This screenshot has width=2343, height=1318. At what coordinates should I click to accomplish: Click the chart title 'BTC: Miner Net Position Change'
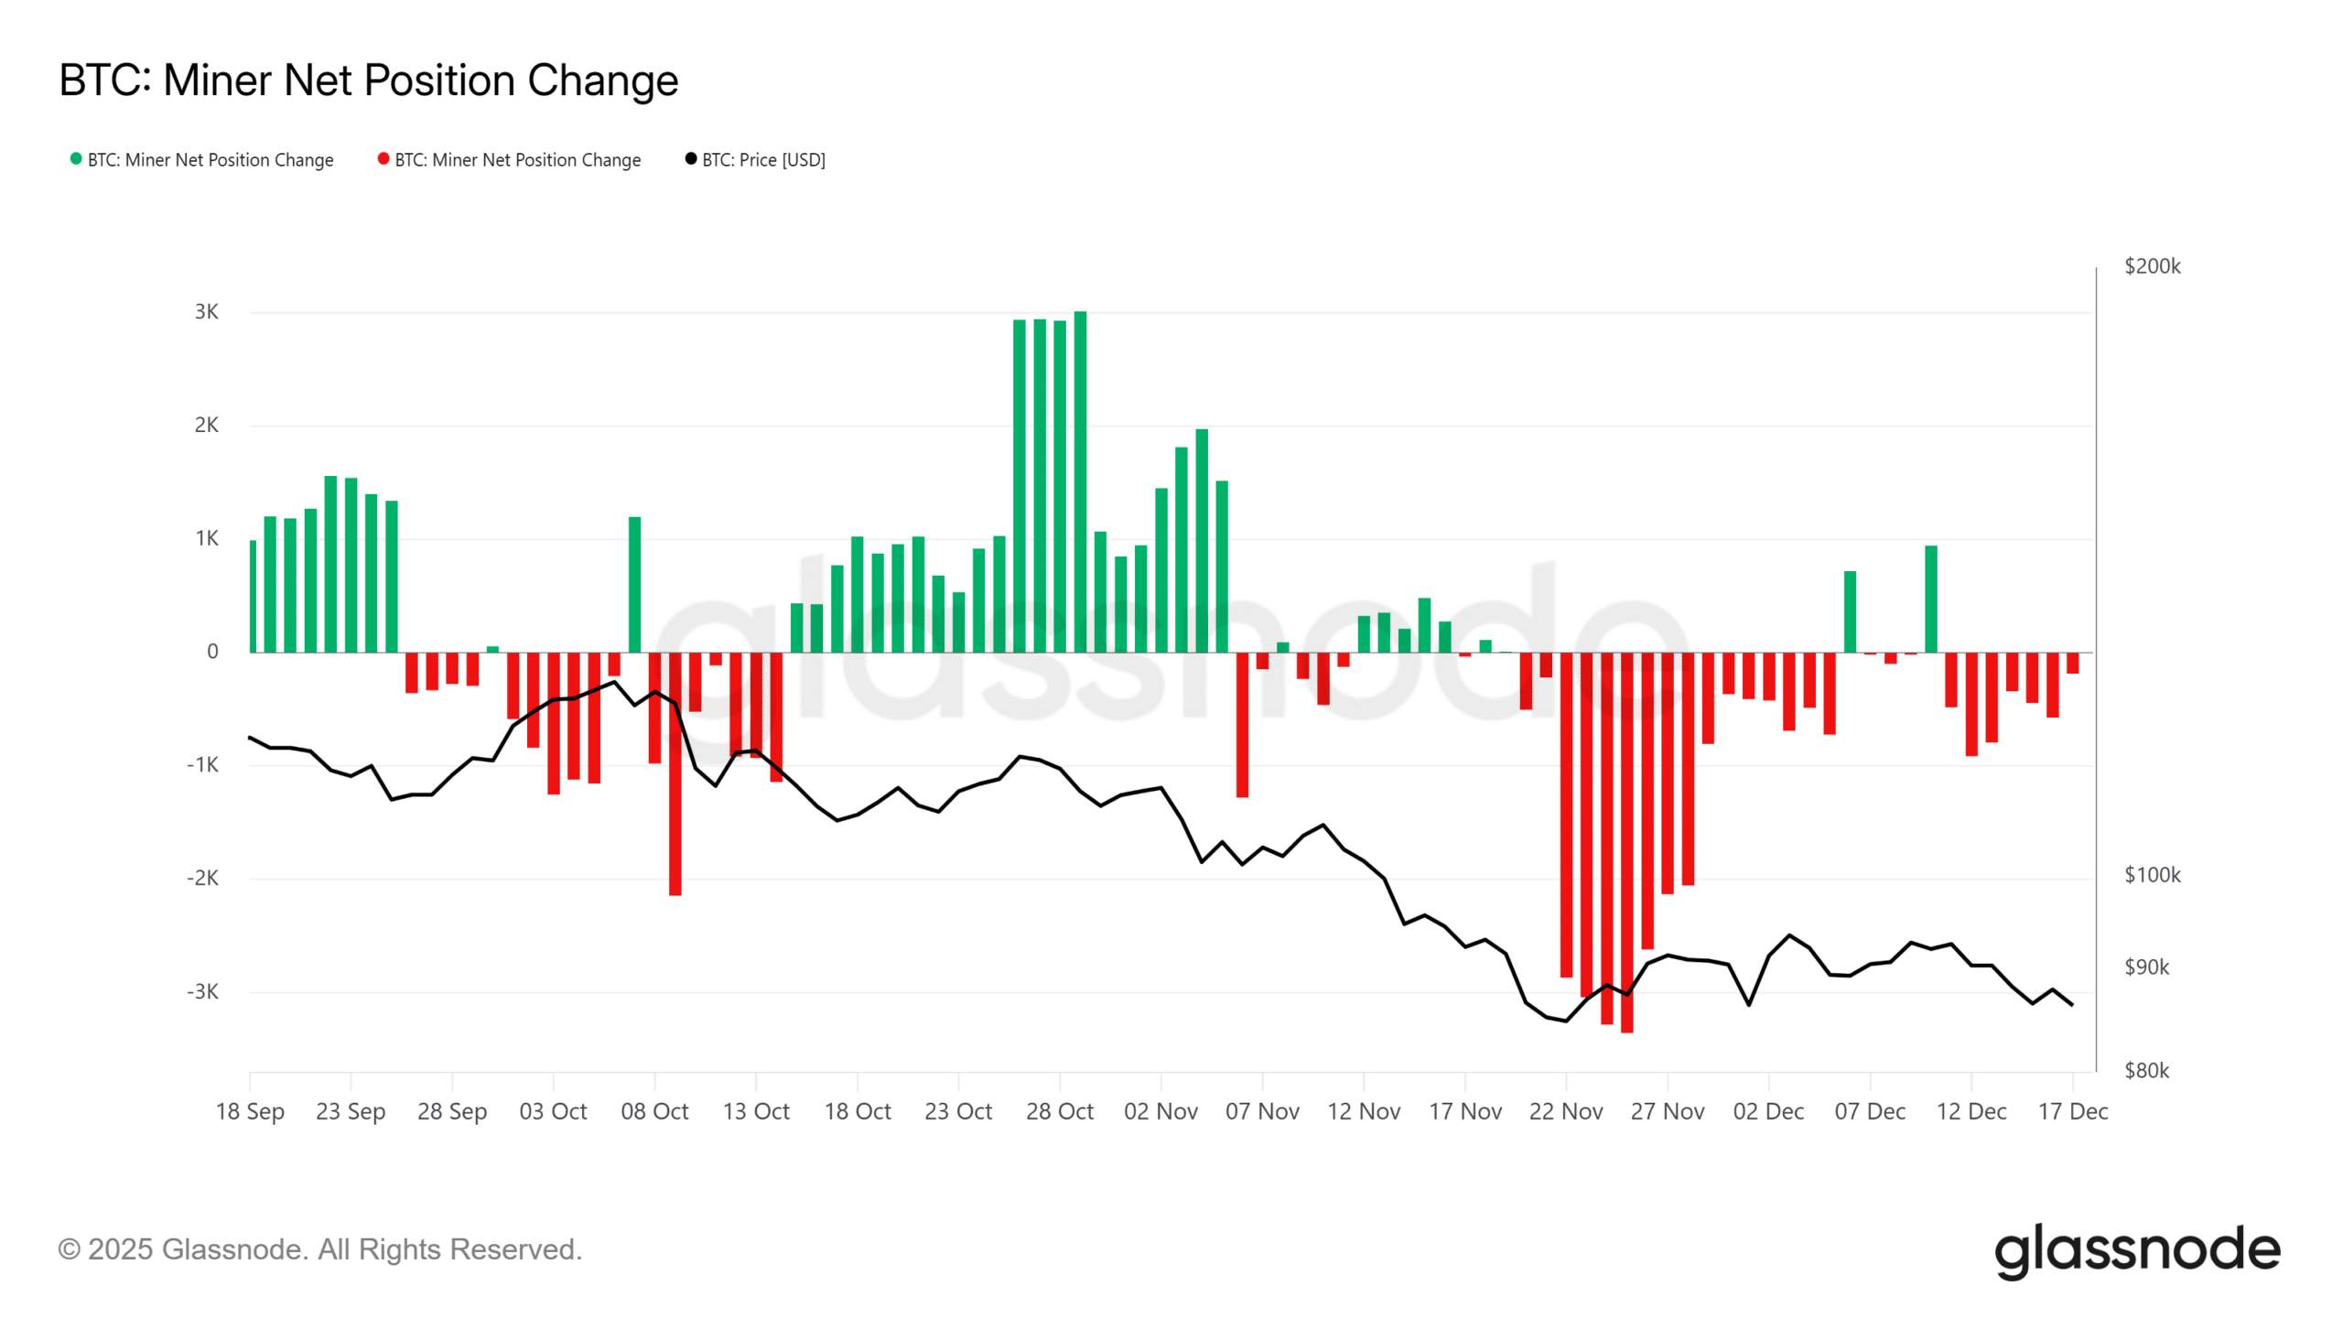[368, 81]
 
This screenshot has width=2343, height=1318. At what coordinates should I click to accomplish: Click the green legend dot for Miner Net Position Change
[76, 159]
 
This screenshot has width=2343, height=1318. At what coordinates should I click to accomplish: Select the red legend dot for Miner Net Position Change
[383, 159]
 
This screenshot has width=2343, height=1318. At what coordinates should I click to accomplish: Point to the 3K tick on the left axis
[207, 312]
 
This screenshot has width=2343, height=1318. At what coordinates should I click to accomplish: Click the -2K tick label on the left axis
[203, 879]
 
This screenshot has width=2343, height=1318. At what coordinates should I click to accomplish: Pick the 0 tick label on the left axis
[212, 652]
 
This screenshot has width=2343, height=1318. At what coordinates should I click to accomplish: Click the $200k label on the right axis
[2152, 266]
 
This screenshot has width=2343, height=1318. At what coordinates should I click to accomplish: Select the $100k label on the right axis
[2152, 876]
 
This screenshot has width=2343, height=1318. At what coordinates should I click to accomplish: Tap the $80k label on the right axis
[2146, 1071]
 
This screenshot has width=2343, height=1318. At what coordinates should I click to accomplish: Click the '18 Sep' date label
[250, 1112]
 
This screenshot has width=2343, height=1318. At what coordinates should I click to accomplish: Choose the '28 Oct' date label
[1060, 1112]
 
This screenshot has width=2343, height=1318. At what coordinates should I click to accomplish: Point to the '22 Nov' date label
[1566, 1112]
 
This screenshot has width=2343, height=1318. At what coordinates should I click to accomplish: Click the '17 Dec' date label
[2073, 1112]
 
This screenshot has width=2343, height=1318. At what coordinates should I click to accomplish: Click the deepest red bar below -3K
[1626, 842]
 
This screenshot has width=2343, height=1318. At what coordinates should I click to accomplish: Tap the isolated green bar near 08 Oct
[634, 586]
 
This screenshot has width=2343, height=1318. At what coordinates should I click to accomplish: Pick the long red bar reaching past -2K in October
[675, 773]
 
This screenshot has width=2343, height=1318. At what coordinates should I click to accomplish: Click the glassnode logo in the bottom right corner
[2137, 1250]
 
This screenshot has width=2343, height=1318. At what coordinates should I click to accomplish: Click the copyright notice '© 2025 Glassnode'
[320, 1250]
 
